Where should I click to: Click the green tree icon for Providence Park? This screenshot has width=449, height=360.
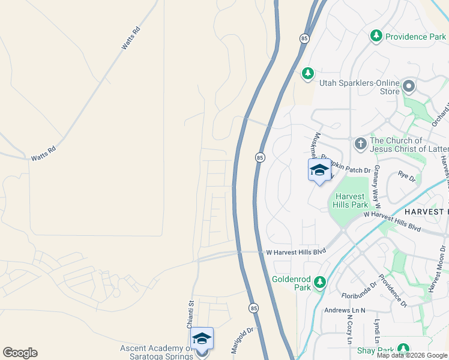376,36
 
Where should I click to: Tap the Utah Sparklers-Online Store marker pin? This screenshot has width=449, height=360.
409,86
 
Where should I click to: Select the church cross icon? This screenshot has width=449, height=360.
361,143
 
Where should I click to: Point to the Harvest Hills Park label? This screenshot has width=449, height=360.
351,200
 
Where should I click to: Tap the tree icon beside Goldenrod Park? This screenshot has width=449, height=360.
320,282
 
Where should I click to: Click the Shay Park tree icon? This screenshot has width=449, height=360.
403,349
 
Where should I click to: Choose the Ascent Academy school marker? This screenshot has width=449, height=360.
203,340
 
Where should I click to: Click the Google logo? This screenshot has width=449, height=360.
20,353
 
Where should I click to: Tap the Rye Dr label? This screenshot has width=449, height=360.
406,177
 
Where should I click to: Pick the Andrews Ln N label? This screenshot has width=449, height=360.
345,310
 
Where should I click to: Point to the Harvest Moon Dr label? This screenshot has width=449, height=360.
436,271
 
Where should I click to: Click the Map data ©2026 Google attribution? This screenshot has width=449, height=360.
412,355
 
